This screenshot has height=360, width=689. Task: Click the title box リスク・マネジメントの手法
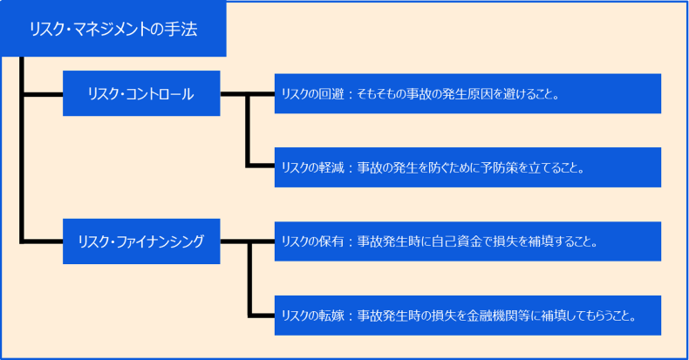click(113, 30)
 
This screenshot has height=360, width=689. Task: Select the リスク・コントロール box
click(140, 93)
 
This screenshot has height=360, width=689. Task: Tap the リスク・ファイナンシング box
click(140, 241)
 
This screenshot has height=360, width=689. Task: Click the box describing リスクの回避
click(467, 93)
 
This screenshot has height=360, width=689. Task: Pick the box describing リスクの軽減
click(467, 167)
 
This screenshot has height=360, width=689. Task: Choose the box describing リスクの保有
click(467, 241)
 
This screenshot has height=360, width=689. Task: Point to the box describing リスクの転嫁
click(467, 316)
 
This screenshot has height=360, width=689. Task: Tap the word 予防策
click(493, 168)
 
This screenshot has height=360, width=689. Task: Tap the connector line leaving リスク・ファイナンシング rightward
click(234, 241)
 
